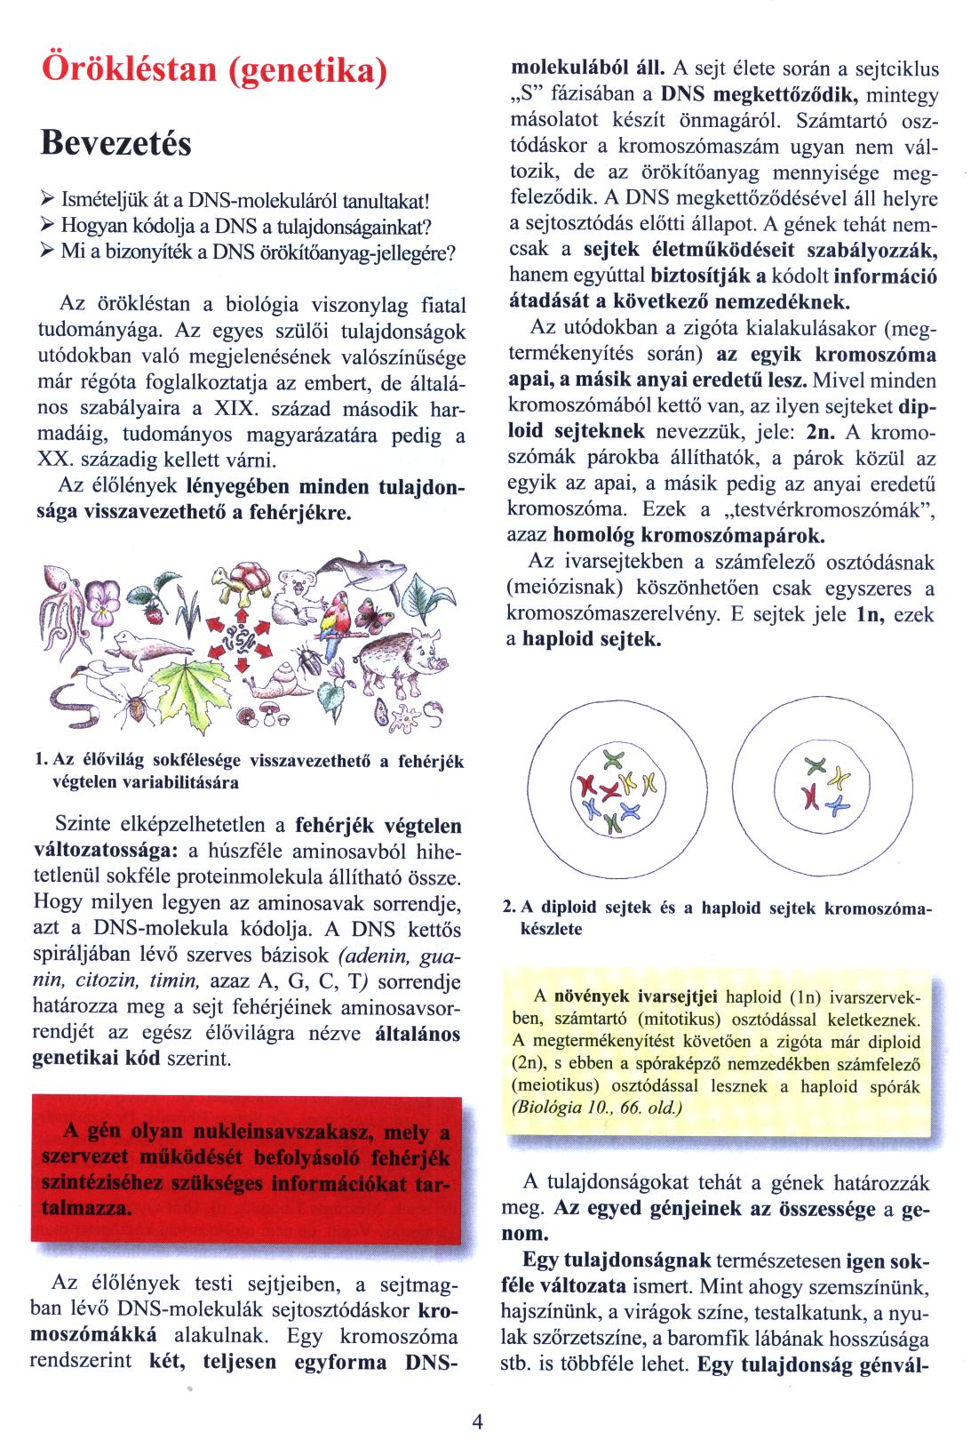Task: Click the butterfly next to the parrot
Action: [x=367, y=613]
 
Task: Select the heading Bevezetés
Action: [x=115, y=142]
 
